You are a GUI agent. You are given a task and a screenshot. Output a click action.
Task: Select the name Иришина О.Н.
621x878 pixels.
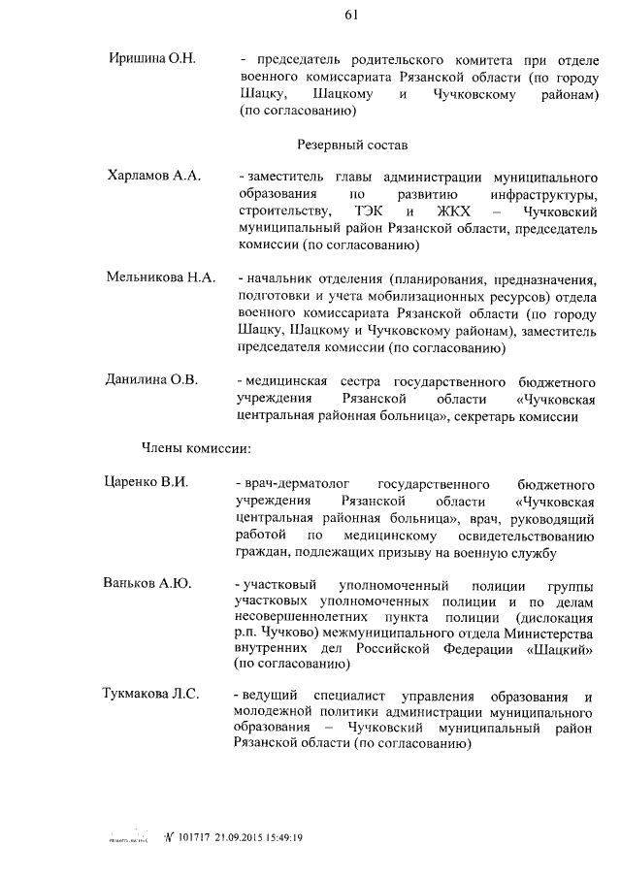(x=152, y=60)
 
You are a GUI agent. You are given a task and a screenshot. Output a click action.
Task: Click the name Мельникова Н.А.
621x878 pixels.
(x=160, y=277)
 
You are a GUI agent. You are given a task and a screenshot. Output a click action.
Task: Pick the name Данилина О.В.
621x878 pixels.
(x=151, y=379)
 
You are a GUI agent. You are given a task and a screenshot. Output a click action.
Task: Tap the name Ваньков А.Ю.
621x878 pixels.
(x=147, y=584)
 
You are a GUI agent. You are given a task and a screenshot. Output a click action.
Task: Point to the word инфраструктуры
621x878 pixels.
(x=540, y=195)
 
